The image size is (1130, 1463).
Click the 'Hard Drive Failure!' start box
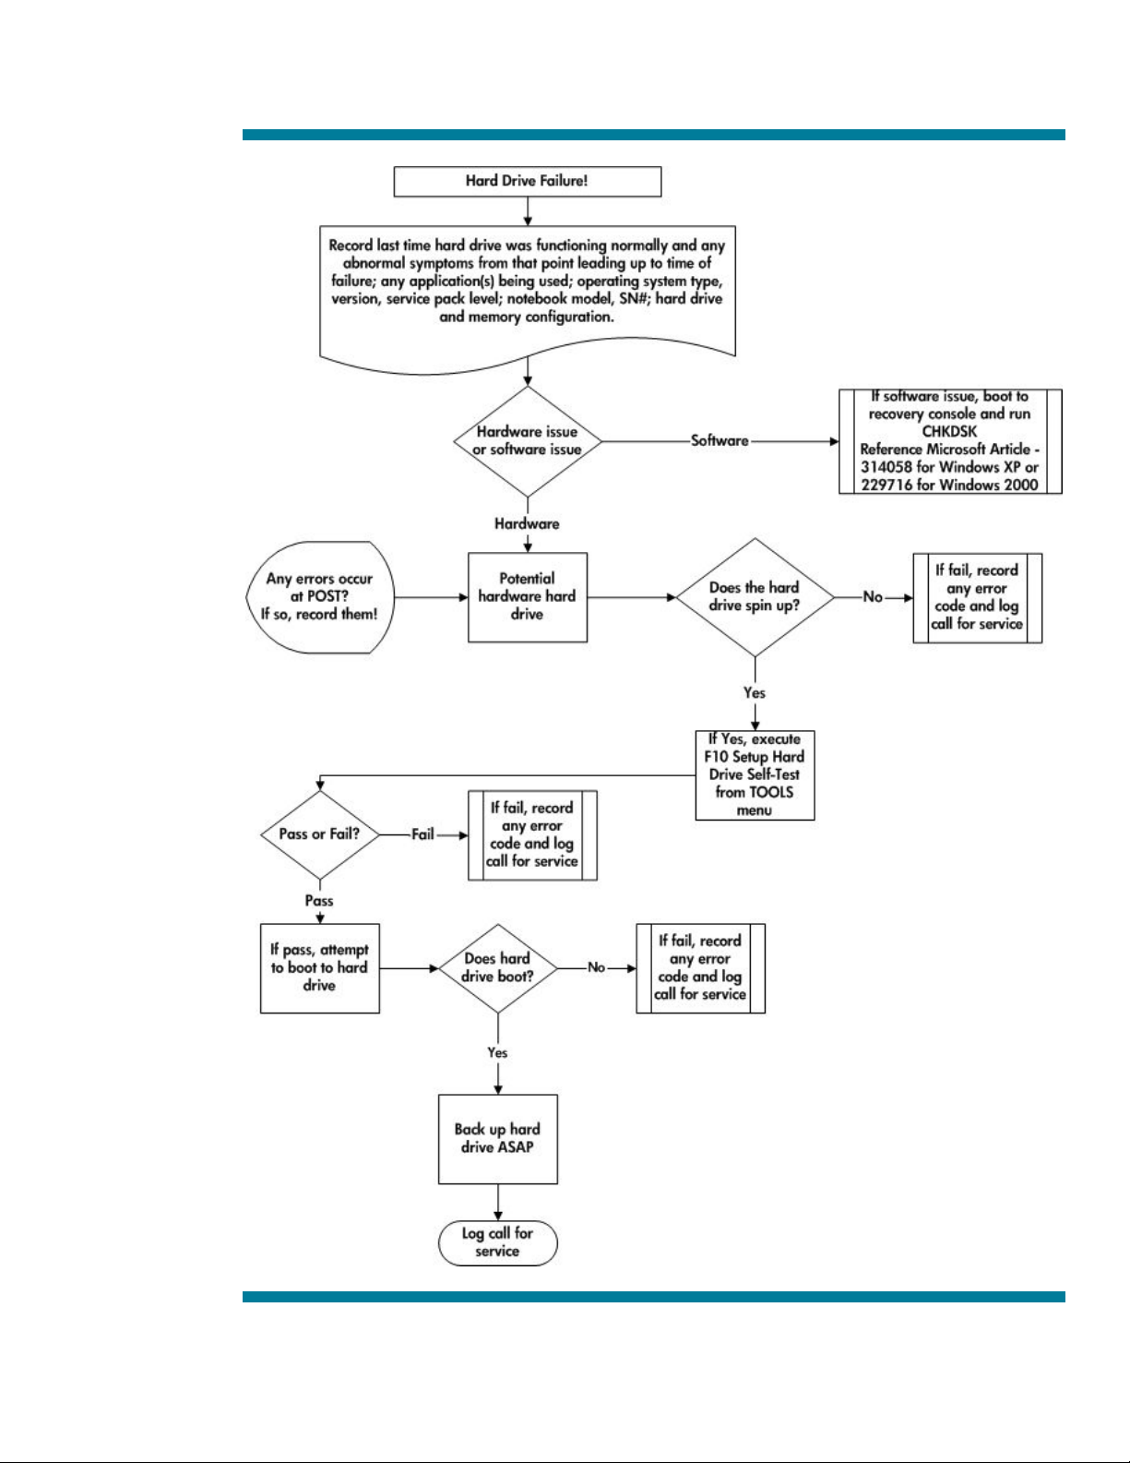(528, 182)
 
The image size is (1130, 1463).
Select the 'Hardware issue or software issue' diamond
(528, 441)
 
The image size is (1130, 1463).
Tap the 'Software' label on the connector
(720, 441)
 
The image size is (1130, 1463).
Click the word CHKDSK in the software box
(949, 432)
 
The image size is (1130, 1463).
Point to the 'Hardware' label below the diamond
(527, 523)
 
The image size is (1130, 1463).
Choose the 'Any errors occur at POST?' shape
(320, 597)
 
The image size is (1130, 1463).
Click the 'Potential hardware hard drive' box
(528, 597)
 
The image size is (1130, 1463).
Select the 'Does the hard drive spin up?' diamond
(755, 597)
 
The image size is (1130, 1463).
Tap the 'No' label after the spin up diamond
(873, 597)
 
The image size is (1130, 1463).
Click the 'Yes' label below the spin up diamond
(754, 693)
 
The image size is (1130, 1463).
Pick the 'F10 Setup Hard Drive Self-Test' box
(755, 775)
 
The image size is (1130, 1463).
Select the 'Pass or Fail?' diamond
(320, 834)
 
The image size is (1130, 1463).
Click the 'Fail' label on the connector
(422, 834)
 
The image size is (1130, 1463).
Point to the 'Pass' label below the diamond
(319, 901)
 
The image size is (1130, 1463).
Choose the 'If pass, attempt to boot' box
(320, 968)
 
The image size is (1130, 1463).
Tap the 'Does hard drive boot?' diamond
(498, 968)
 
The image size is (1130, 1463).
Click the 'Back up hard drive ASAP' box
(498, 1139)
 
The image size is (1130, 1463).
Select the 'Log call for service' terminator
(498, 1242)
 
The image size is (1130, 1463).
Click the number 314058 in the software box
(886, 467)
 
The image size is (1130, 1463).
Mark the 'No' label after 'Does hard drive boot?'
(597, 967)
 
